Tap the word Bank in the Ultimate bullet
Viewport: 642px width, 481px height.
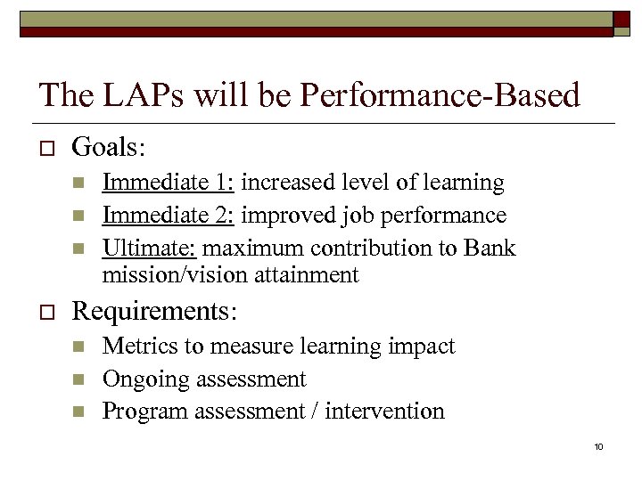tap(490, 247)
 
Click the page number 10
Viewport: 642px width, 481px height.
tap(598, 446)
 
